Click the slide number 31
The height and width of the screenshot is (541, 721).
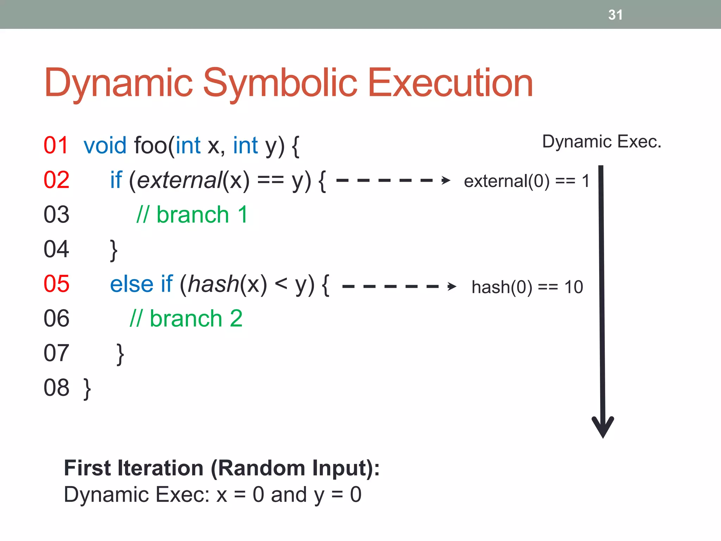615,15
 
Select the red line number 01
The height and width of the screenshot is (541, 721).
56,145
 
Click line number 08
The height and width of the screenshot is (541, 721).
56,388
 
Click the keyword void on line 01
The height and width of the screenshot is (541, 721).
105,145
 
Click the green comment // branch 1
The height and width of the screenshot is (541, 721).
192,214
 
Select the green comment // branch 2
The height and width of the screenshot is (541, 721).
186,318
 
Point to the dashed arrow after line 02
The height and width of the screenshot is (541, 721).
393,180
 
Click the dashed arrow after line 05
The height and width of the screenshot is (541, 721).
399,286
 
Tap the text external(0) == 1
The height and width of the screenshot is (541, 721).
526,181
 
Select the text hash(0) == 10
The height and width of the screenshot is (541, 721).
527,287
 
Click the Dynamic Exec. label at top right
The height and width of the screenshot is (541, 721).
601,142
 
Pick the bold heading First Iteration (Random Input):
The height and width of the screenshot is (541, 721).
221,468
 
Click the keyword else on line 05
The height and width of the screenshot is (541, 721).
132,284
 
